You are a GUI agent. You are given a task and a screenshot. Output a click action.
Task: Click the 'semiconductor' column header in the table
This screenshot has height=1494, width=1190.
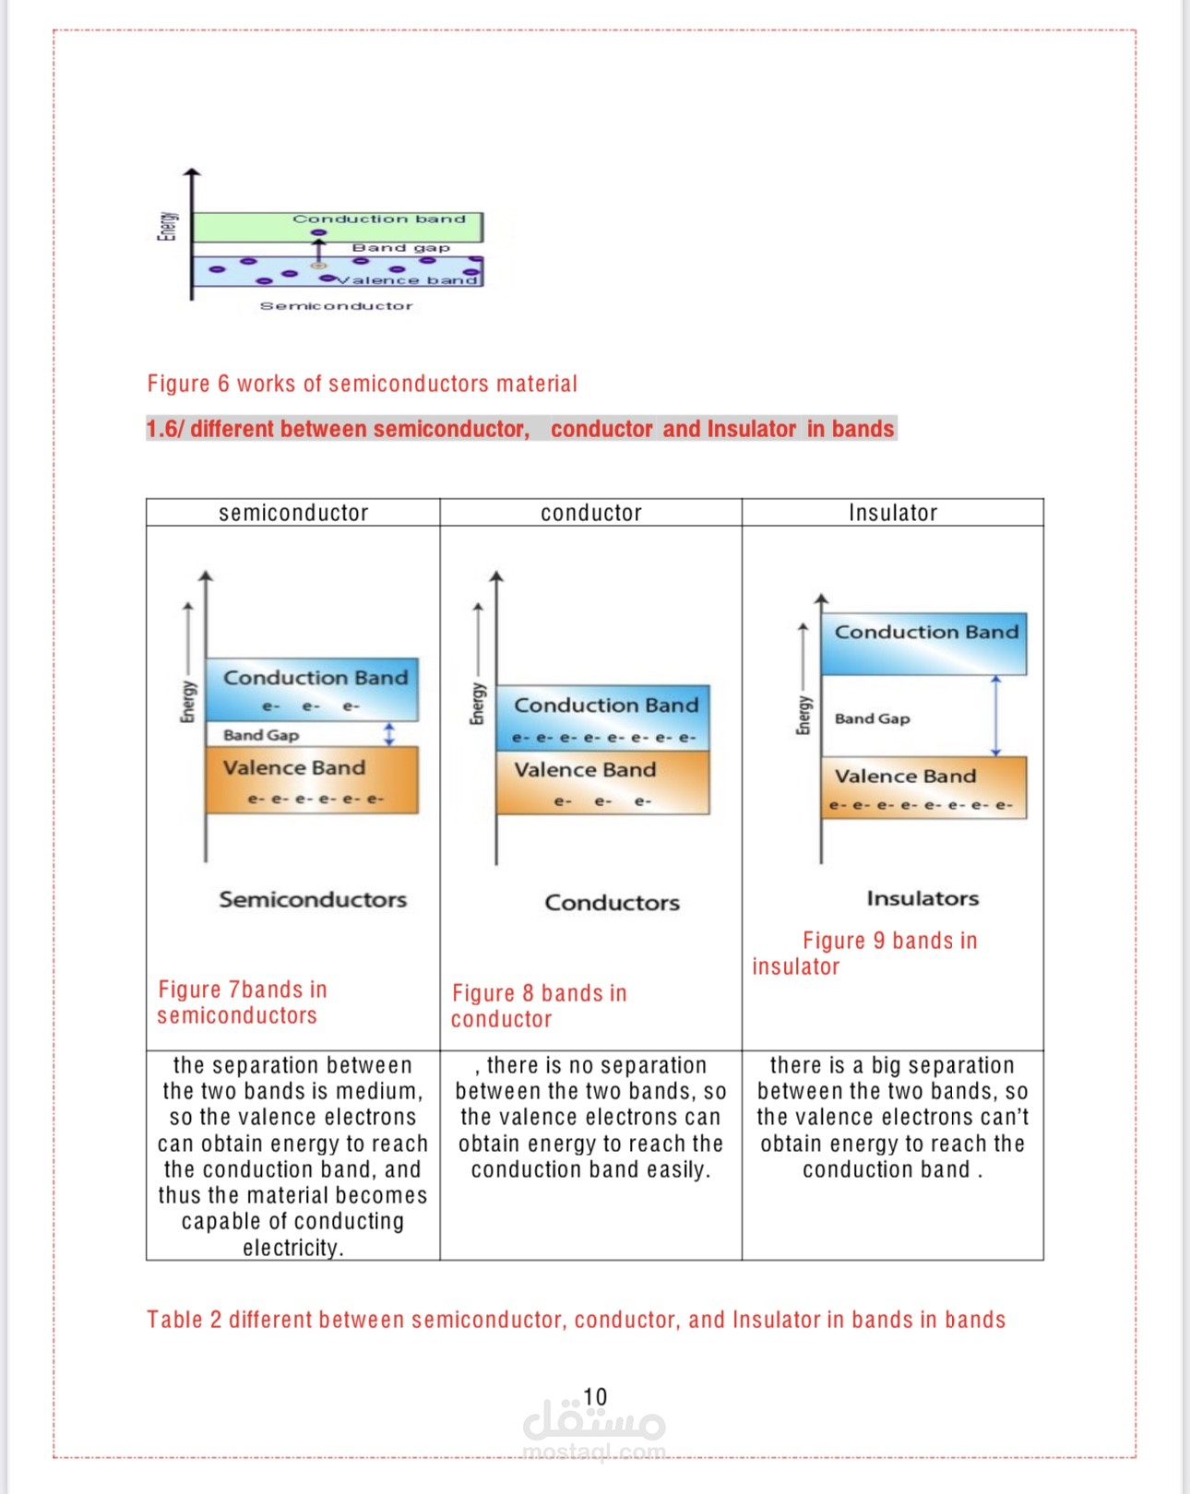(293, 513)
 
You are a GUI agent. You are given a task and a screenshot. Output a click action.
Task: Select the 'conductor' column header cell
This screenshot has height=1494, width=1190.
(590, 513)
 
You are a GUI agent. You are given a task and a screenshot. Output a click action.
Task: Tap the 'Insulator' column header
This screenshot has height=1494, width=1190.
(892, 513)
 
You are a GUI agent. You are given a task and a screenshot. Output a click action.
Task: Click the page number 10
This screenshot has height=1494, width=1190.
(595, 1396)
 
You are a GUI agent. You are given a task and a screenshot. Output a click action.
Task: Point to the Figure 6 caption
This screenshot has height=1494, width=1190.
(362, 384)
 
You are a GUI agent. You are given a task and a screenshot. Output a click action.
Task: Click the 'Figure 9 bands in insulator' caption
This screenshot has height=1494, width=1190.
(865, 954)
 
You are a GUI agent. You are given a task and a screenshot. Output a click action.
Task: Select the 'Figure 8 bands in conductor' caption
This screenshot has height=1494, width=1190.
(539, 1006)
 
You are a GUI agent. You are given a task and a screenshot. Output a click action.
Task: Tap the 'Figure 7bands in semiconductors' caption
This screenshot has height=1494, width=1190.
(243, 1002)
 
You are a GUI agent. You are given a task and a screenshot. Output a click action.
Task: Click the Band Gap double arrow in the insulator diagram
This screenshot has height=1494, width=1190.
(995, 716)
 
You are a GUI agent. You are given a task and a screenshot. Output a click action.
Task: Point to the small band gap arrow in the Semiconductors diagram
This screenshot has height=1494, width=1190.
(389, 734)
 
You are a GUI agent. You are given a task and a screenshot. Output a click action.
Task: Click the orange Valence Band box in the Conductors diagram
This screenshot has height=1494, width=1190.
(602, 783)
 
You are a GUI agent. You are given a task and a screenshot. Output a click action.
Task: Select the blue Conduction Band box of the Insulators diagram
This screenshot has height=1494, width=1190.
(923, 644)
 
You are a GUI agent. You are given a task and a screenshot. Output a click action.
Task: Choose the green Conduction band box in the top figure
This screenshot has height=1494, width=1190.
(337, 227)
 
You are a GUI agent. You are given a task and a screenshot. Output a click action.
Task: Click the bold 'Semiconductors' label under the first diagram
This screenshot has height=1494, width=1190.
(313, 899)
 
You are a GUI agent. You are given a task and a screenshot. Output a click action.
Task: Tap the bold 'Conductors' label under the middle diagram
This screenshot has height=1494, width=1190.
(612, 902)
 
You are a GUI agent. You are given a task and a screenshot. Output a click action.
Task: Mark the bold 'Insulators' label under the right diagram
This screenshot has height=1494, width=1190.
(922, 898)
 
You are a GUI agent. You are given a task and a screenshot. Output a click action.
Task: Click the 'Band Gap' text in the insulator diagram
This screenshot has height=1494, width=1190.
(872, 718)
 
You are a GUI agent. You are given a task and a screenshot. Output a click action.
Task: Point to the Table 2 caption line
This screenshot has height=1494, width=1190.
(576, 1320)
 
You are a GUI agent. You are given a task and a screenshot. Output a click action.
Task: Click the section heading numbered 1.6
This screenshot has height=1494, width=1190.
(520, 429)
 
